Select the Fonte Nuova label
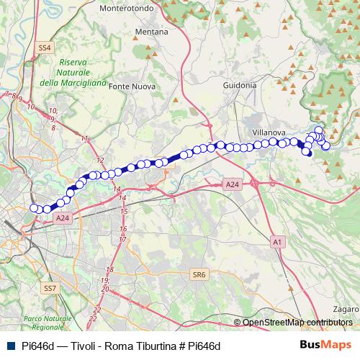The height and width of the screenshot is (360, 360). point(131,86)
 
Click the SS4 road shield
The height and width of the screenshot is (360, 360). point(45,48)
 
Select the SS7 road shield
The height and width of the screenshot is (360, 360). point(50,288)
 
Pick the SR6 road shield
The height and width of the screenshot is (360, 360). point(199,274)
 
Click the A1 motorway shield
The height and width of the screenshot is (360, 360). point(278,243)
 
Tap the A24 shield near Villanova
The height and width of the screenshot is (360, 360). point(231,185)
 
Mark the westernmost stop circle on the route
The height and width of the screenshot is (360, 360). point(33,208)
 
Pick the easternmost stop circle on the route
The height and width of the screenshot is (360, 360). point(326,145)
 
